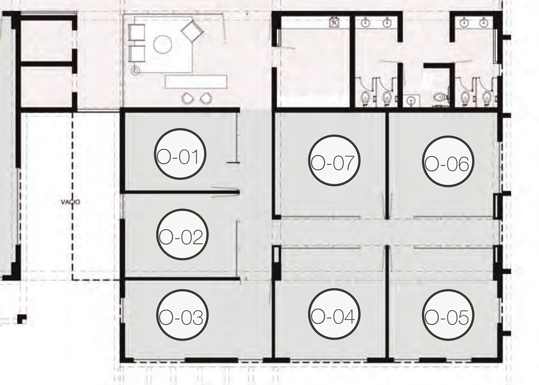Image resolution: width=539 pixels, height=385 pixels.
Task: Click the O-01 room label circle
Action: coord(180,154)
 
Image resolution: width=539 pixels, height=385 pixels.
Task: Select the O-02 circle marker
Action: coord(182,234)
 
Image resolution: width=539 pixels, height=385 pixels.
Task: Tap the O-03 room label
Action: coord(182,315)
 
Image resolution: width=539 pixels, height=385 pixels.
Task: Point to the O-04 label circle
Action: coord(334,314)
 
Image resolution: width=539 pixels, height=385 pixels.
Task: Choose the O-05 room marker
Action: coord(448,315)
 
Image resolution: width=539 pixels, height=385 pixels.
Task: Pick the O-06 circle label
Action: coord(448,161)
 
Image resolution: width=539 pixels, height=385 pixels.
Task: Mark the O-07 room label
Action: coord(334,160)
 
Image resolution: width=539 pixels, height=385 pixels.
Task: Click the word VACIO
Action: coord(71,202)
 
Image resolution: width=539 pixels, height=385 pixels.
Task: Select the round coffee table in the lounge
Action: coord(162,45)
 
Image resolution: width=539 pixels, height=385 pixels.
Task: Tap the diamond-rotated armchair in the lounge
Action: coord(193,31)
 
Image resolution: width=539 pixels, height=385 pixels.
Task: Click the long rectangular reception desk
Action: coord(196,82)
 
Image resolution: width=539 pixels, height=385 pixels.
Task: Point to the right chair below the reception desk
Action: coord(206,98)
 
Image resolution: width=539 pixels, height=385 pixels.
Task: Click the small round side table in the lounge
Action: coord(136,71)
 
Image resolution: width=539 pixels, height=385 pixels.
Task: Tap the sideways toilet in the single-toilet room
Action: coord(440,97)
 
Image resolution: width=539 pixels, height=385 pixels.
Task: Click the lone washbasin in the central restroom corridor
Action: coord(412,100)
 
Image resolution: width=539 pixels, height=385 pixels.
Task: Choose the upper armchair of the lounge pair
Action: coord(136,32)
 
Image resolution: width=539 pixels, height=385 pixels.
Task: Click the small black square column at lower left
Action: coord(22,319)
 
